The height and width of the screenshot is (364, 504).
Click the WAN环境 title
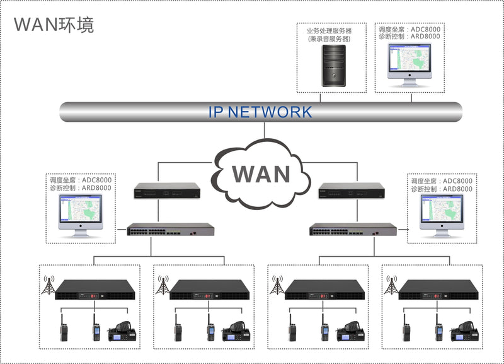(x=54, y=25)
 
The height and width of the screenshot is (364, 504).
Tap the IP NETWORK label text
(x=260, y=112)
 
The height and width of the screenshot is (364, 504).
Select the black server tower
(x=333, y=67)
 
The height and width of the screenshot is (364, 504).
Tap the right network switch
(x=353, y=230)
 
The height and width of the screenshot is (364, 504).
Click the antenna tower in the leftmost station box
(x=47, y=285)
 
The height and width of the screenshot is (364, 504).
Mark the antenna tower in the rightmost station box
(x=391, y=285)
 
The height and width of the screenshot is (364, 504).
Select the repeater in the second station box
(x=210, y=290)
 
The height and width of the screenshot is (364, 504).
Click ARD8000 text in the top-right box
(x=426, y=37)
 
